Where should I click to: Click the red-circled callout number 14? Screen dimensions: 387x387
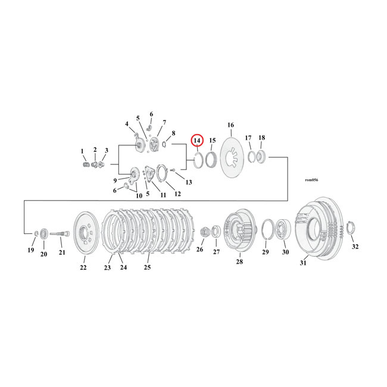[197, 140]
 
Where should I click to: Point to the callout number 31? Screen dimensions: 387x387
[303, 264]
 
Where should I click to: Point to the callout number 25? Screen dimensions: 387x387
[147, 267]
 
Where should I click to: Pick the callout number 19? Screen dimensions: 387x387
[31, 250]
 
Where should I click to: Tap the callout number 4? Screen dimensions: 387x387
[126, 124]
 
